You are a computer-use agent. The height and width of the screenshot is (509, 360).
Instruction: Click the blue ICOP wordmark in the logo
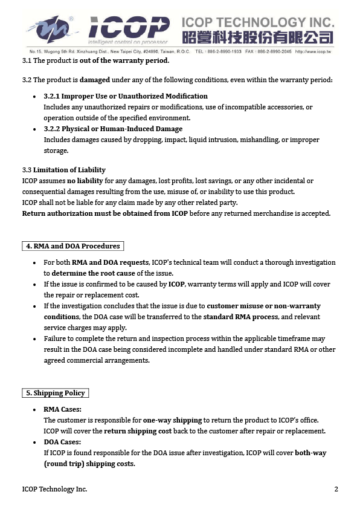128,27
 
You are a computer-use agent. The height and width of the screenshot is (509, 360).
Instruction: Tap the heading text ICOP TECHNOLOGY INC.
257,23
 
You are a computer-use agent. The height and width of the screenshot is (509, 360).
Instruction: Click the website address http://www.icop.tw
313,52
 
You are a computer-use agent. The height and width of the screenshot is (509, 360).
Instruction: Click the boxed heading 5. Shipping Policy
54,393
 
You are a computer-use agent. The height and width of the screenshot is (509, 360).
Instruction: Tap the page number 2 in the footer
336,489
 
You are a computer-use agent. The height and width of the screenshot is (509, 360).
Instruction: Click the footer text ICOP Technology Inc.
54,489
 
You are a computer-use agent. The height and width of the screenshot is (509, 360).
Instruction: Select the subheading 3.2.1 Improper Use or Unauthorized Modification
126,96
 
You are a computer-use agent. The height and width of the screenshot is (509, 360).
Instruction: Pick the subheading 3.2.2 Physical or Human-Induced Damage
113,129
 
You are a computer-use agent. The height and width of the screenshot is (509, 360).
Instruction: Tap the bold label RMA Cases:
62,409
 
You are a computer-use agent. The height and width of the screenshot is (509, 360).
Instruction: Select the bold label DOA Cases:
62,442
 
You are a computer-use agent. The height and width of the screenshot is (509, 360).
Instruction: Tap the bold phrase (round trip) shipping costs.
89,464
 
